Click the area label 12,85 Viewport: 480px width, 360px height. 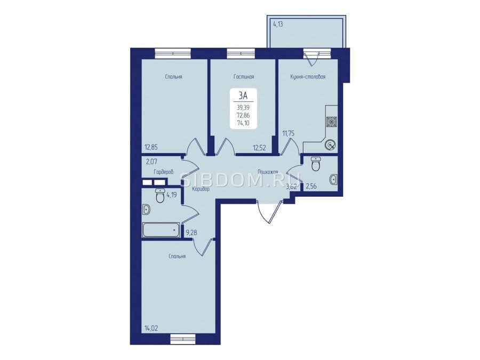[151, 147]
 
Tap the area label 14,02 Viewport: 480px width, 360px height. [151, 329]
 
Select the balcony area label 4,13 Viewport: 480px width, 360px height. [277, 25]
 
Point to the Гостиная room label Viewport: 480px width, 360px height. [244, 77]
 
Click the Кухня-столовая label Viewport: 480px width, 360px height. [308, 77]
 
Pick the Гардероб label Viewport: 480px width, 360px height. [164, 172]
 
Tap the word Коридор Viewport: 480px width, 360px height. [201, 189]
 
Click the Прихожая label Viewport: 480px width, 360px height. [268, 172]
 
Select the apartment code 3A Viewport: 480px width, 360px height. [243, 96]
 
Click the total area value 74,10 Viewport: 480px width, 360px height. [243, 123]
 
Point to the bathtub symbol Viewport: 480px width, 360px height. [161, 229]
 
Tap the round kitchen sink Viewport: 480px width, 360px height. [331, 145]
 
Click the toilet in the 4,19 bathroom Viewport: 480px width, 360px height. [160, 196]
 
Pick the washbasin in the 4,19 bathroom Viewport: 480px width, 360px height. [147, 210]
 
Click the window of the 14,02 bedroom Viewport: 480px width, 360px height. [182, 339]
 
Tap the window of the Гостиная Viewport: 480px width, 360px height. [241, 53]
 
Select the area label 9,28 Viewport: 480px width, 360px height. [191, 233]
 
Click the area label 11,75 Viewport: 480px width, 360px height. [289, 133]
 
